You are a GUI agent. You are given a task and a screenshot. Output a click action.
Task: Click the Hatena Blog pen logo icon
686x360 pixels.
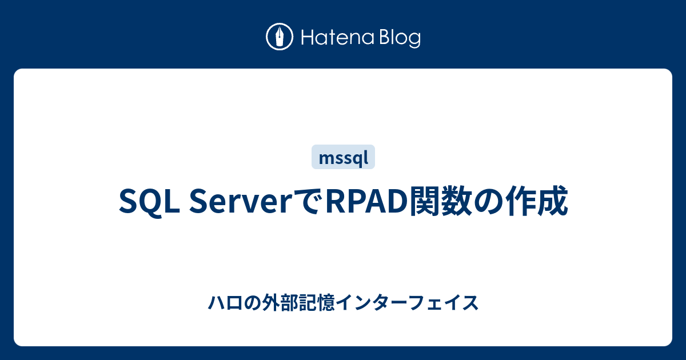pyautogui.click(x=280, y=38)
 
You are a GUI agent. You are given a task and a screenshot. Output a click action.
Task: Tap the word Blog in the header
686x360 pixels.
pyautogui.click(x=398, y=38)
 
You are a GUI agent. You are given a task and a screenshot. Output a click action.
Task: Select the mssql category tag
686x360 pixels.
pyautogui.click(x=343, y=157)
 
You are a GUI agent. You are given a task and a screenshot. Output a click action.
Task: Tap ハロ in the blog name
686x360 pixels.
pyautogui.click(x=221, y=303)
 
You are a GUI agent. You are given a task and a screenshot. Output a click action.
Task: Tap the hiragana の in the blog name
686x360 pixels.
pyautogui.click(x=247, y=303)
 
